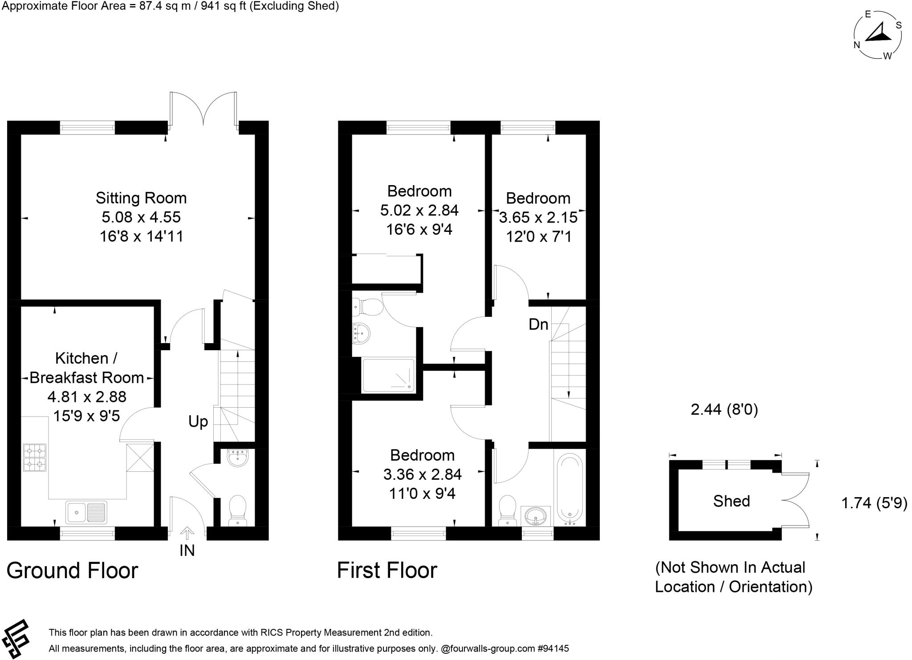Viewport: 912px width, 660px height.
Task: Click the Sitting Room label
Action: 141,198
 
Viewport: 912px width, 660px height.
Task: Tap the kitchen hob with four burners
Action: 34,458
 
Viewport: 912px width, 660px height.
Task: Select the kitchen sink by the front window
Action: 86,512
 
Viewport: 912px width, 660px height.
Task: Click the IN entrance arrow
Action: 187,533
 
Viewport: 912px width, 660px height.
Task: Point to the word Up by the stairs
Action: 198,421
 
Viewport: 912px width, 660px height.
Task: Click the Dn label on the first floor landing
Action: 538,324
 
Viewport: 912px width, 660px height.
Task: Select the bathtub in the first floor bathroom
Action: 570,488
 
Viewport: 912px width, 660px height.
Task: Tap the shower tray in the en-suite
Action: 388,376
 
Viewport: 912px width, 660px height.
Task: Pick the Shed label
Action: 731,501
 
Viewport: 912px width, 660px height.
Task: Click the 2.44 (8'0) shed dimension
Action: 724,409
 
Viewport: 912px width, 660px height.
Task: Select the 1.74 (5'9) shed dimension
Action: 874,503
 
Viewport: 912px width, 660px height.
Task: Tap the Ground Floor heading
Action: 72,571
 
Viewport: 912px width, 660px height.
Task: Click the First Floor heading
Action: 387,571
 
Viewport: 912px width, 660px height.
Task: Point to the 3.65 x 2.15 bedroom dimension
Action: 538,218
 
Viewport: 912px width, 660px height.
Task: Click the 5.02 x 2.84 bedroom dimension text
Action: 419,210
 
